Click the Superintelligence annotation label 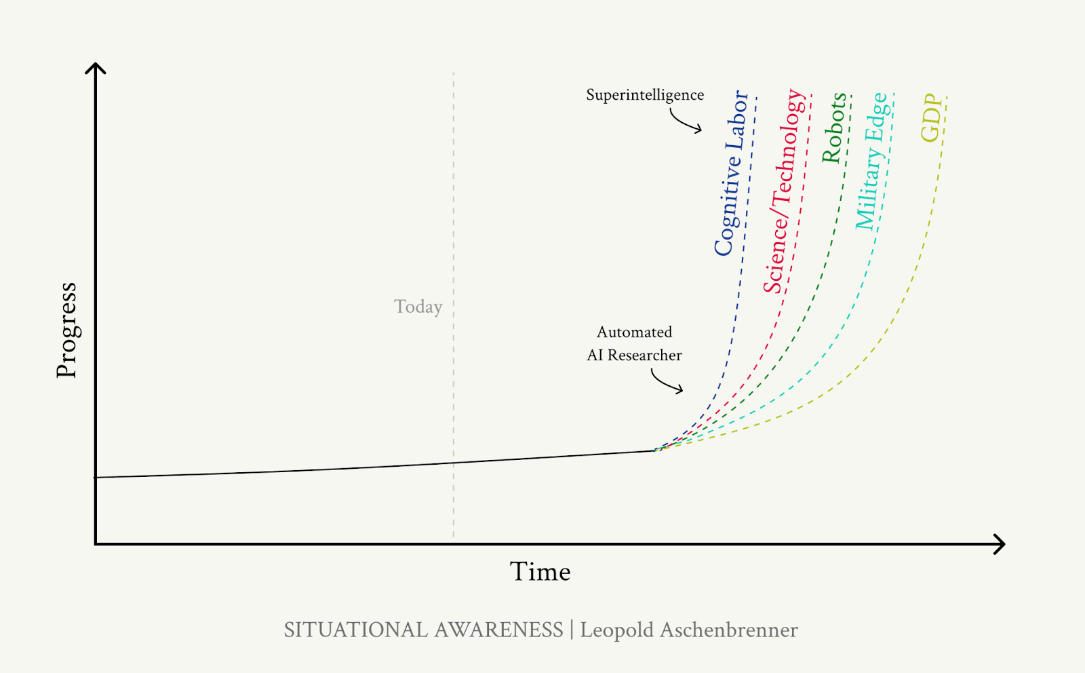click(645, 95)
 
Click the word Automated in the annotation click(634, 332)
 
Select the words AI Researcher click(634, 355)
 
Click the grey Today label click(418, 307)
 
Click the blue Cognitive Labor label click(732, 174)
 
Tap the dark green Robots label click(833, 128)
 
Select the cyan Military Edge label click(871, 161)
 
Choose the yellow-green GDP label click(932, 118)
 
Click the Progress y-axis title click(66, 330)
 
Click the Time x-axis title click(540, 572)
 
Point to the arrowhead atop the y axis click(96, 68)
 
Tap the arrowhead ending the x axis click(999, 544)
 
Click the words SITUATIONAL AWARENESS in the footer click(423, 630)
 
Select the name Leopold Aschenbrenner click(688, 630)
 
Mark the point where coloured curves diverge click(655, 450)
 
